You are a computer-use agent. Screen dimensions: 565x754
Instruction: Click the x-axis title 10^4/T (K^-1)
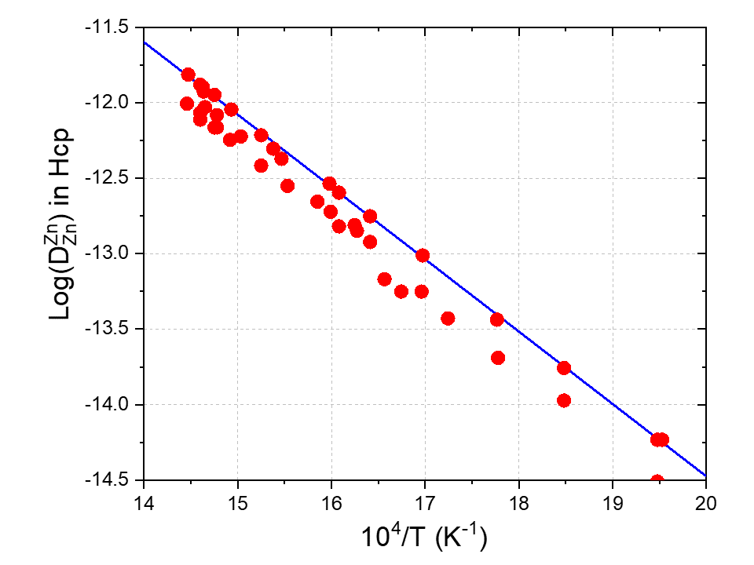tap(424, 538)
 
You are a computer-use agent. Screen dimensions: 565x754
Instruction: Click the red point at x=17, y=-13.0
tap(423, 255)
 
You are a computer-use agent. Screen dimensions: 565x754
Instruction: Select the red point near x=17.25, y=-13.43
tap(448, 318)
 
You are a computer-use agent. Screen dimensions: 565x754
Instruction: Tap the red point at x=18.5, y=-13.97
tap(563, 400)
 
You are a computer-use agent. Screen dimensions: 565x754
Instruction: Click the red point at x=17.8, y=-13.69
tap(497, 358)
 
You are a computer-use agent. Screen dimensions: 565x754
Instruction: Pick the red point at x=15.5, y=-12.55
tap(287, 186)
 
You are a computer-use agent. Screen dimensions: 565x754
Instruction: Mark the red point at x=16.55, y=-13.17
tap(384, 279)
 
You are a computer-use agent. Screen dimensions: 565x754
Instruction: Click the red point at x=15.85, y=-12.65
tap(317, 202)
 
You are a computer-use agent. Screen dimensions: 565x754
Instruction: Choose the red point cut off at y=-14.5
tap(657, 480)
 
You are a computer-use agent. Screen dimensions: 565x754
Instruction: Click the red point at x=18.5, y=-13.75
tap(563, 367)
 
